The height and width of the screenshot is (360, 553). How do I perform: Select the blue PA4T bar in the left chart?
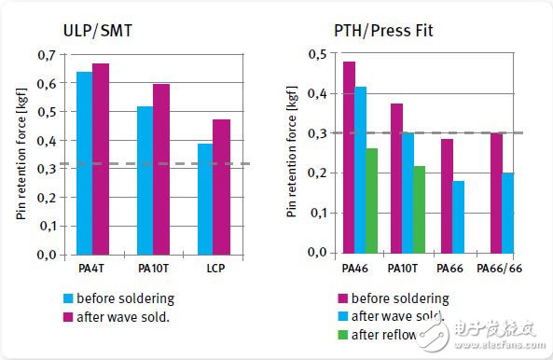tap(84, 162)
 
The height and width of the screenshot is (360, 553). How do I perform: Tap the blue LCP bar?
tap(204, 199)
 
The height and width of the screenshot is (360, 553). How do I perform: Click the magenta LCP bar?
tap(221, 187)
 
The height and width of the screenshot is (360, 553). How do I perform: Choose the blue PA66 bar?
tap(459, 216)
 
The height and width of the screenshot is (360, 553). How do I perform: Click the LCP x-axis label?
tap(213, 269)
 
